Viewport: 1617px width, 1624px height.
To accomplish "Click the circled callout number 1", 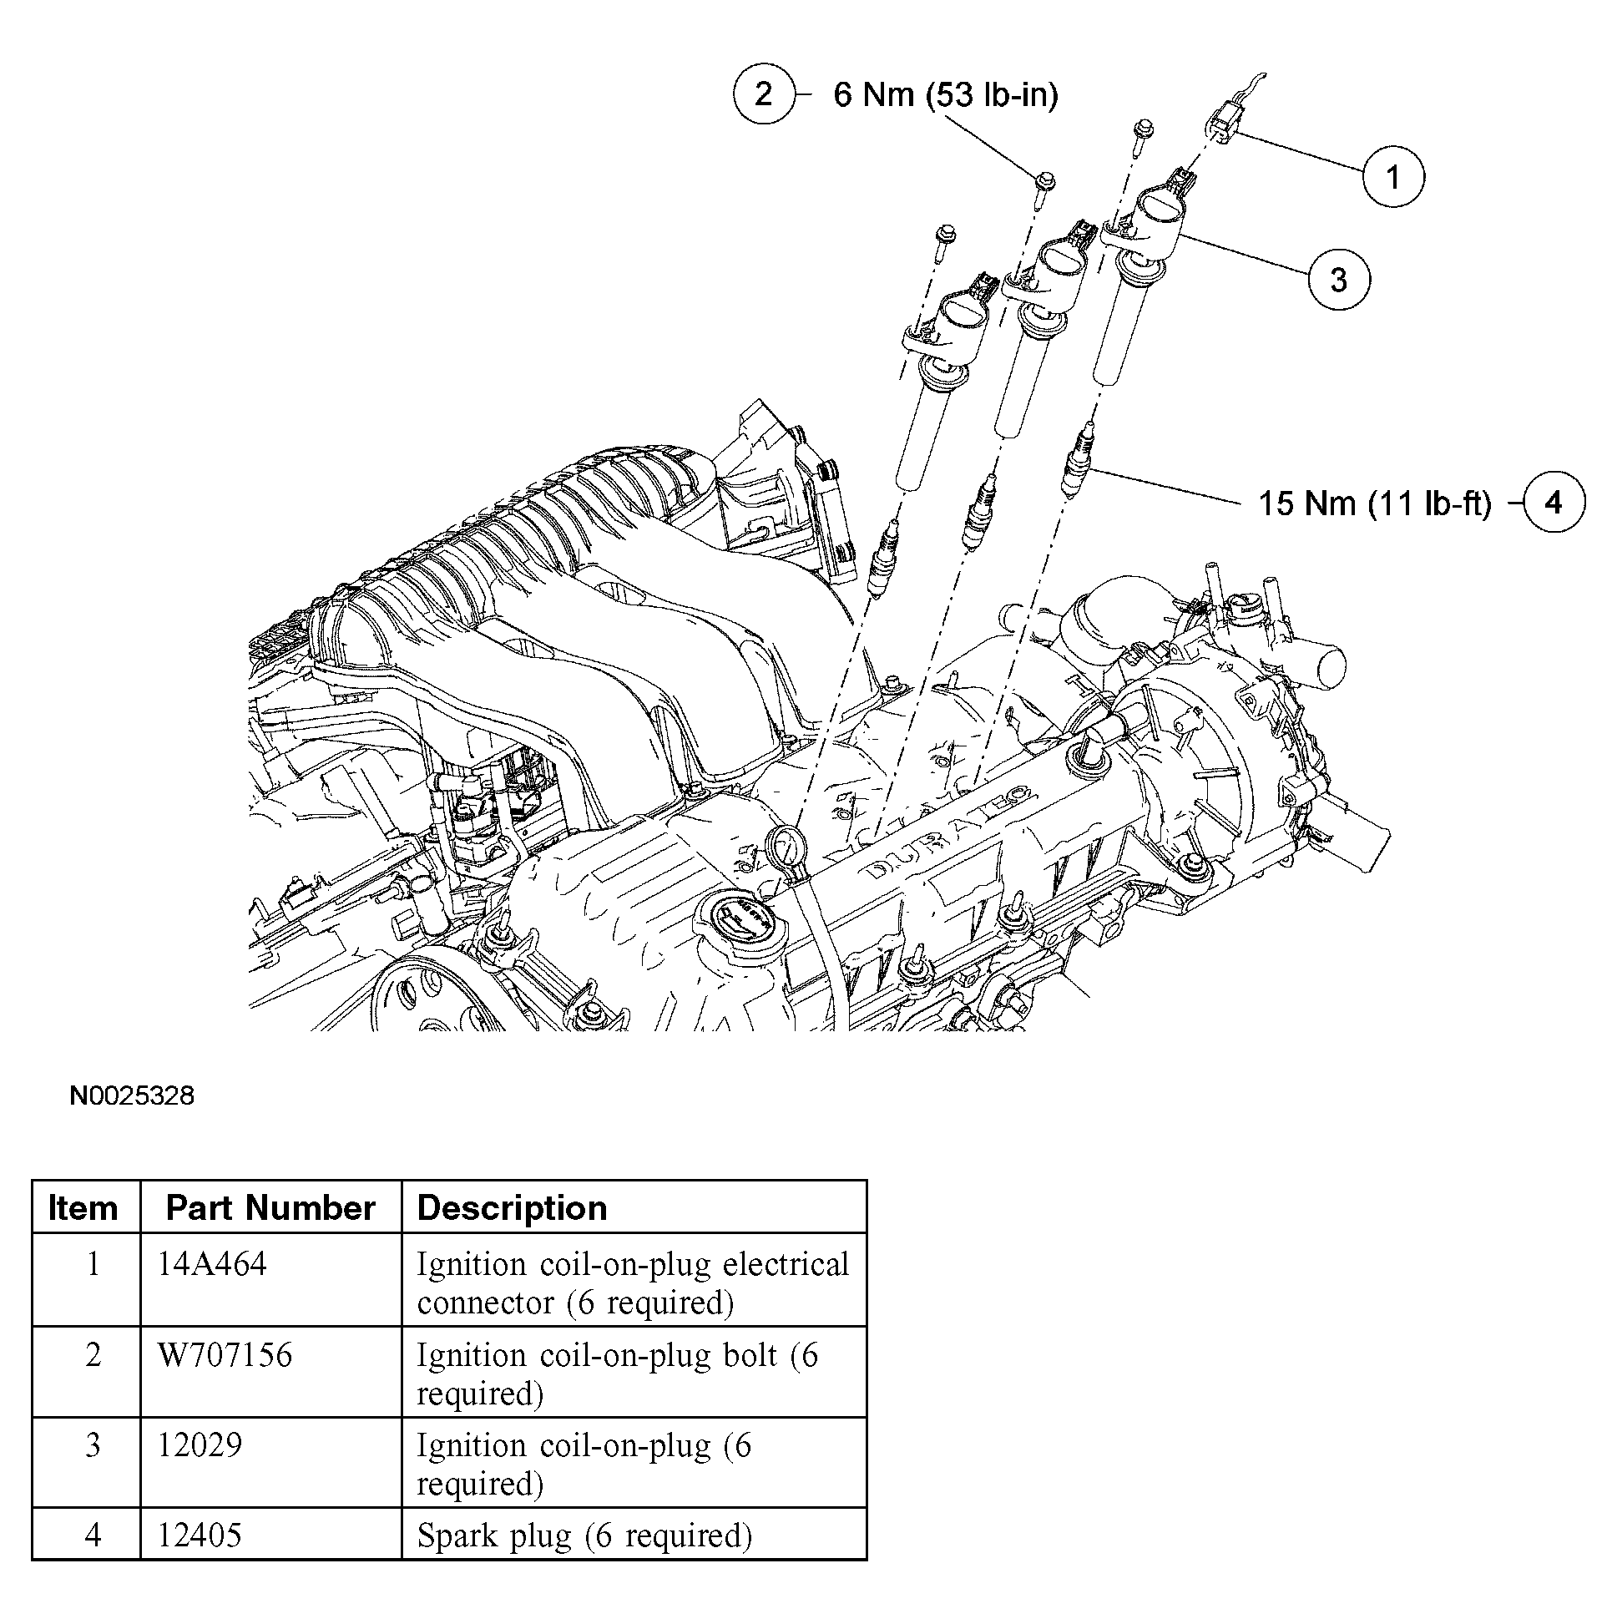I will point(1392,176).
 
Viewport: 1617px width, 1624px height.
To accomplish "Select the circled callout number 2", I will point(763,94).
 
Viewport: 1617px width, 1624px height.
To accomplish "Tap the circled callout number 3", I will point(1338,279).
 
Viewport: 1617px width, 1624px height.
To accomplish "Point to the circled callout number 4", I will point(1553,503).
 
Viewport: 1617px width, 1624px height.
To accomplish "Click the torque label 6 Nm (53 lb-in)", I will point(946,94).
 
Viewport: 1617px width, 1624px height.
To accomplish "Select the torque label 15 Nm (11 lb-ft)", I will point(1374,503).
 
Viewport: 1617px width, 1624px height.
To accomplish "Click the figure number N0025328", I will point(132,1095).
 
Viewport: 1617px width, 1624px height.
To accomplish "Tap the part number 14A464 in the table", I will point(212,1263).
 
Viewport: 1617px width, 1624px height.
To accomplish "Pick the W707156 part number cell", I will point(225,1355).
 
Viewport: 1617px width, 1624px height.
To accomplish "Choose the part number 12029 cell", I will point(200,1445).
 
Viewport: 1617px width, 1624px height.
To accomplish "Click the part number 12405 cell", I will point(200,1535).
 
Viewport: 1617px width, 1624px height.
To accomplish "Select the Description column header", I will point(512,1208).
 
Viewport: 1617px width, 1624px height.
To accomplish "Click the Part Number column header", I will point(270,1208).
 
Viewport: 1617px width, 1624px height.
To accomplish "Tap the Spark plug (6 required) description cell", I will point(584,1535).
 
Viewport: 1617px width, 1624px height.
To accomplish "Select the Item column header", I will point(83,1208).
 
